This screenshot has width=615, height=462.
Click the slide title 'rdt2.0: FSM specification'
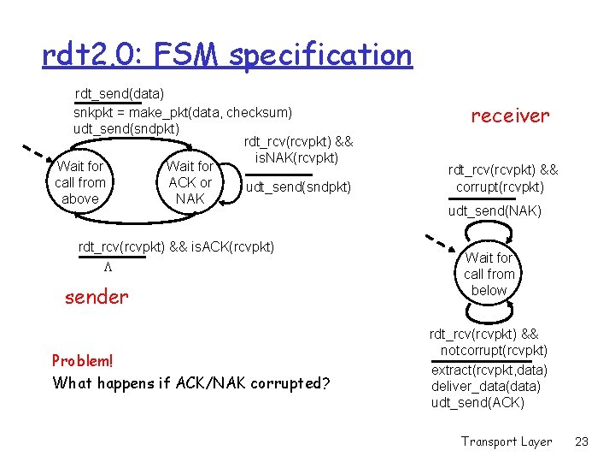(x=226, y=56)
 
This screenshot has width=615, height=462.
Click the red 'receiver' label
(x=510, y=115)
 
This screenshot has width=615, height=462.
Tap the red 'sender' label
(x=97, y=297)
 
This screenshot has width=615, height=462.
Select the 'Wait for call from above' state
(x=79, y=182)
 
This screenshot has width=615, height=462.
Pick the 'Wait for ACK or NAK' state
(x=190, y=182)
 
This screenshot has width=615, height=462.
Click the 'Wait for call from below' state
(x=489, y=274)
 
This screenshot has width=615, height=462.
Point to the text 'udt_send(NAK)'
(x=495, y=210)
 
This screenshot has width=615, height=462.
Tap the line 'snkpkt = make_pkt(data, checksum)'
(x=183, y=112)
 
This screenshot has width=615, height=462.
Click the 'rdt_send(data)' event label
(x=120, y=92)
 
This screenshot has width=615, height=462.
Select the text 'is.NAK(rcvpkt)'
(x=297, y=157)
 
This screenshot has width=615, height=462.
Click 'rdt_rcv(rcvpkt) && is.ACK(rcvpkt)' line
(x=176, y=247)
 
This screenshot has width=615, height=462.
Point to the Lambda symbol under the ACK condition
(x=108, y=267)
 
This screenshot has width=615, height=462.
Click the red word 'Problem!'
(x=82, y=360)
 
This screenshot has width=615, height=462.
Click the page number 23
(x=583, y=441)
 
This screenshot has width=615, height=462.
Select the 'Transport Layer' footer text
(x=507, y=441)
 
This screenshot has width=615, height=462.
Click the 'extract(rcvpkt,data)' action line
(x=489, y=370)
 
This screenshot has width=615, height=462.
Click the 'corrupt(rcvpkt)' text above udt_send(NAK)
(x=501, y=187)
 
